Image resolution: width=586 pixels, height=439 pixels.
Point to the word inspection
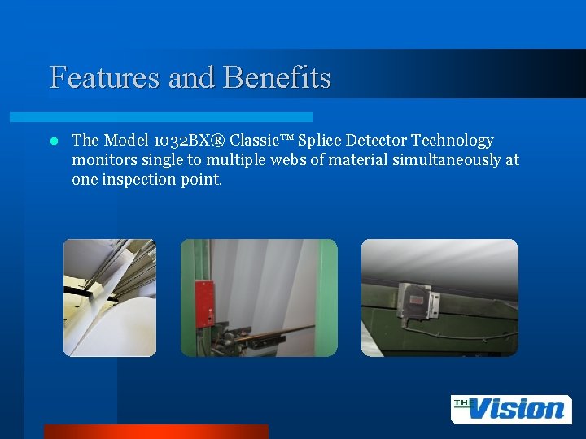pos(136,180)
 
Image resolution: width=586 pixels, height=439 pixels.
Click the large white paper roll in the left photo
pos(106,325)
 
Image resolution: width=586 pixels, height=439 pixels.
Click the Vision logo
pos(510,409)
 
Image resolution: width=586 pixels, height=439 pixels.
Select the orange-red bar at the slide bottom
pos(155,431)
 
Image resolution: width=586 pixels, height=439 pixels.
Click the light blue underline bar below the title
pos(179,117)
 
